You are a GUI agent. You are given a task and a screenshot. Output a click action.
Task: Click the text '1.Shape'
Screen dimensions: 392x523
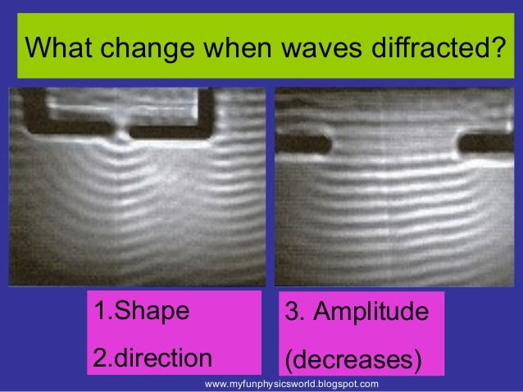[141, 312]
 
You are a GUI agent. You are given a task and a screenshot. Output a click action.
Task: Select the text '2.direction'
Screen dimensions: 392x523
[152, 358]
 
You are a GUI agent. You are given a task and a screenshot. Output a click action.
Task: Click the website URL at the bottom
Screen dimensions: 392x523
[291, 383]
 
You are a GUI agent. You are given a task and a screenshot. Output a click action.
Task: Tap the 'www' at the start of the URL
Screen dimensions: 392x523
[216, 383]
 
